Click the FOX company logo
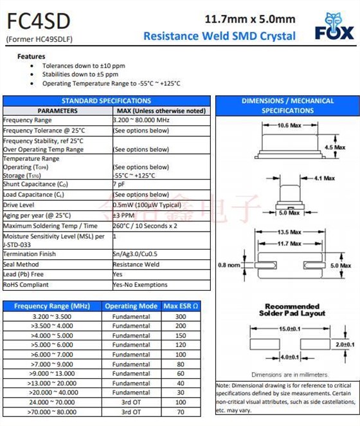coord(334,28)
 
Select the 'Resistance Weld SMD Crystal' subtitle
coord(219,36)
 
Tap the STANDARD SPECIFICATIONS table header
coord(106,101)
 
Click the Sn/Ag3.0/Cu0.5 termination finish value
coord(136,254)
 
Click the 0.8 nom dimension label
coord(230,264)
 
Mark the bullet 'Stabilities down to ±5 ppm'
coord(84,75)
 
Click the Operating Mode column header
coord(131,306)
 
